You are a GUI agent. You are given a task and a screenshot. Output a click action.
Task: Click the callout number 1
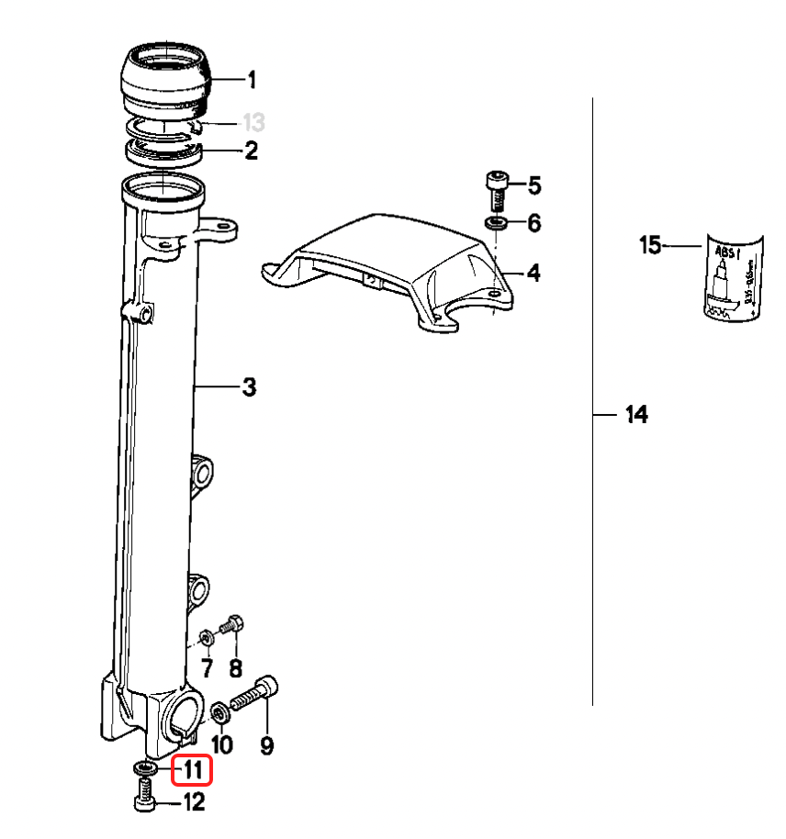252,81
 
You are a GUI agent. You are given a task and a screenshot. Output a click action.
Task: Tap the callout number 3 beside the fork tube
249,388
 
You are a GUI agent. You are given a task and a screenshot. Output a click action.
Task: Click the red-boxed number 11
193,768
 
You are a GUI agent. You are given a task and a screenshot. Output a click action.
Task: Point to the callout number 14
636,415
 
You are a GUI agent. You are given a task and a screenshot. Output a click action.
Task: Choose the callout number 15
650,246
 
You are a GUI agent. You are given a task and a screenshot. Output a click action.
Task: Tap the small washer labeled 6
496,224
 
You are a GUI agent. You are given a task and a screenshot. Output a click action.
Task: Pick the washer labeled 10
220,711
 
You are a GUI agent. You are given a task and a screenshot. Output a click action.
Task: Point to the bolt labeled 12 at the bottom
144,794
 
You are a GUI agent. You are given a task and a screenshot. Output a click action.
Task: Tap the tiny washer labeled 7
206,636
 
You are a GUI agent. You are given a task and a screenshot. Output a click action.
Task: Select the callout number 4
533,273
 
